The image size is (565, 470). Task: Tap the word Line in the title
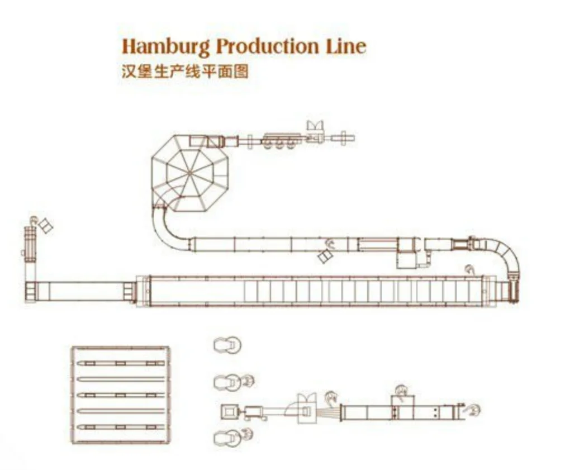tap(346, 45)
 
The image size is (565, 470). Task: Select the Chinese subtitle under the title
tap(185, 72)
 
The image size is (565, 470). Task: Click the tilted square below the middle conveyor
tap(325, 256)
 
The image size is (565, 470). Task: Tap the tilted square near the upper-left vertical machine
tap(45, 226)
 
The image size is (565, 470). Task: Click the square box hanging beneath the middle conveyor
tap(406, 260)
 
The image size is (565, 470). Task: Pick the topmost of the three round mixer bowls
tap(227, 345)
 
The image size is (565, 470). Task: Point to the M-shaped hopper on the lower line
tap(307, 400)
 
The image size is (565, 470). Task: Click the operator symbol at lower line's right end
tap(473, 411)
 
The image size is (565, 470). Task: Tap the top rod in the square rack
tap(120, 363)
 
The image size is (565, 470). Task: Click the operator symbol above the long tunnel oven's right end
tap(471, 270)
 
